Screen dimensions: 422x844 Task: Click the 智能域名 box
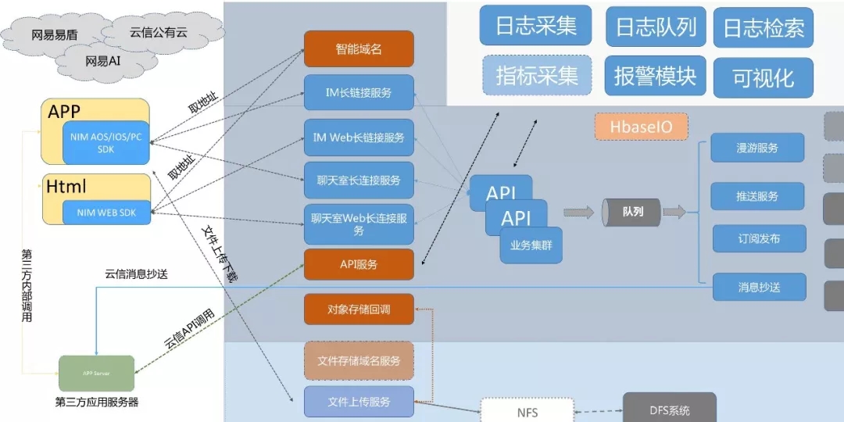(x=359, y=49)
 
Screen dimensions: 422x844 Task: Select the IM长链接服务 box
(x=359, y=93)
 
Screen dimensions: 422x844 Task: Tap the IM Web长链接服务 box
(x=359, y=138)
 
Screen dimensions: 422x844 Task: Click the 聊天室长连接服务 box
(x=359, y=181)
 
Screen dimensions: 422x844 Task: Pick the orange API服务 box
(x=359, y=264)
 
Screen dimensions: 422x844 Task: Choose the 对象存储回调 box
(x=359, y=309)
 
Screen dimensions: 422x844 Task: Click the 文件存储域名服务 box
(x=359, y=360)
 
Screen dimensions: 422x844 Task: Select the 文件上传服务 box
(x=359, y=402)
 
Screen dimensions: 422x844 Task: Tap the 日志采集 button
(x=536, y=26)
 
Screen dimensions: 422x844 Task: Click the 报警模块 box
(x=655, y=76)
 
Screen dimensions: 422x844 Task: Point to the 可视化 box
(x=763, y=77)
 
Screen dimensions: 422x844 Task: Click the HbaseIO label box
(x=641, y=127)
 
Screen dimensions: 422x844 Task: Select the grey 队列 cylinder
(x=631, y=212)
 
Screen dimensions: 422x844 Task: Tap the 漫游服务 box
(x=757, y=148)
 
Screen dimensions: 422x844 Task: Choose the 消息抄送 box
(x=759, y=287)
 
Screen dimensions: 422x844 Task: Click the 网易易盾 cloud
(x=53, y=35)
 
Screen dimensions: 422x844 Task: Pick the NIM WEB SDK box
(x=106, y=212)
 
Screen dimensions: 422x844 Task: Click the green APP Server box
(x=97, y=374)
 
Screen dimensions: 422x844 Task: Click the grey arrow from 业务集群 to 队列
(x=578, y=212)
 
